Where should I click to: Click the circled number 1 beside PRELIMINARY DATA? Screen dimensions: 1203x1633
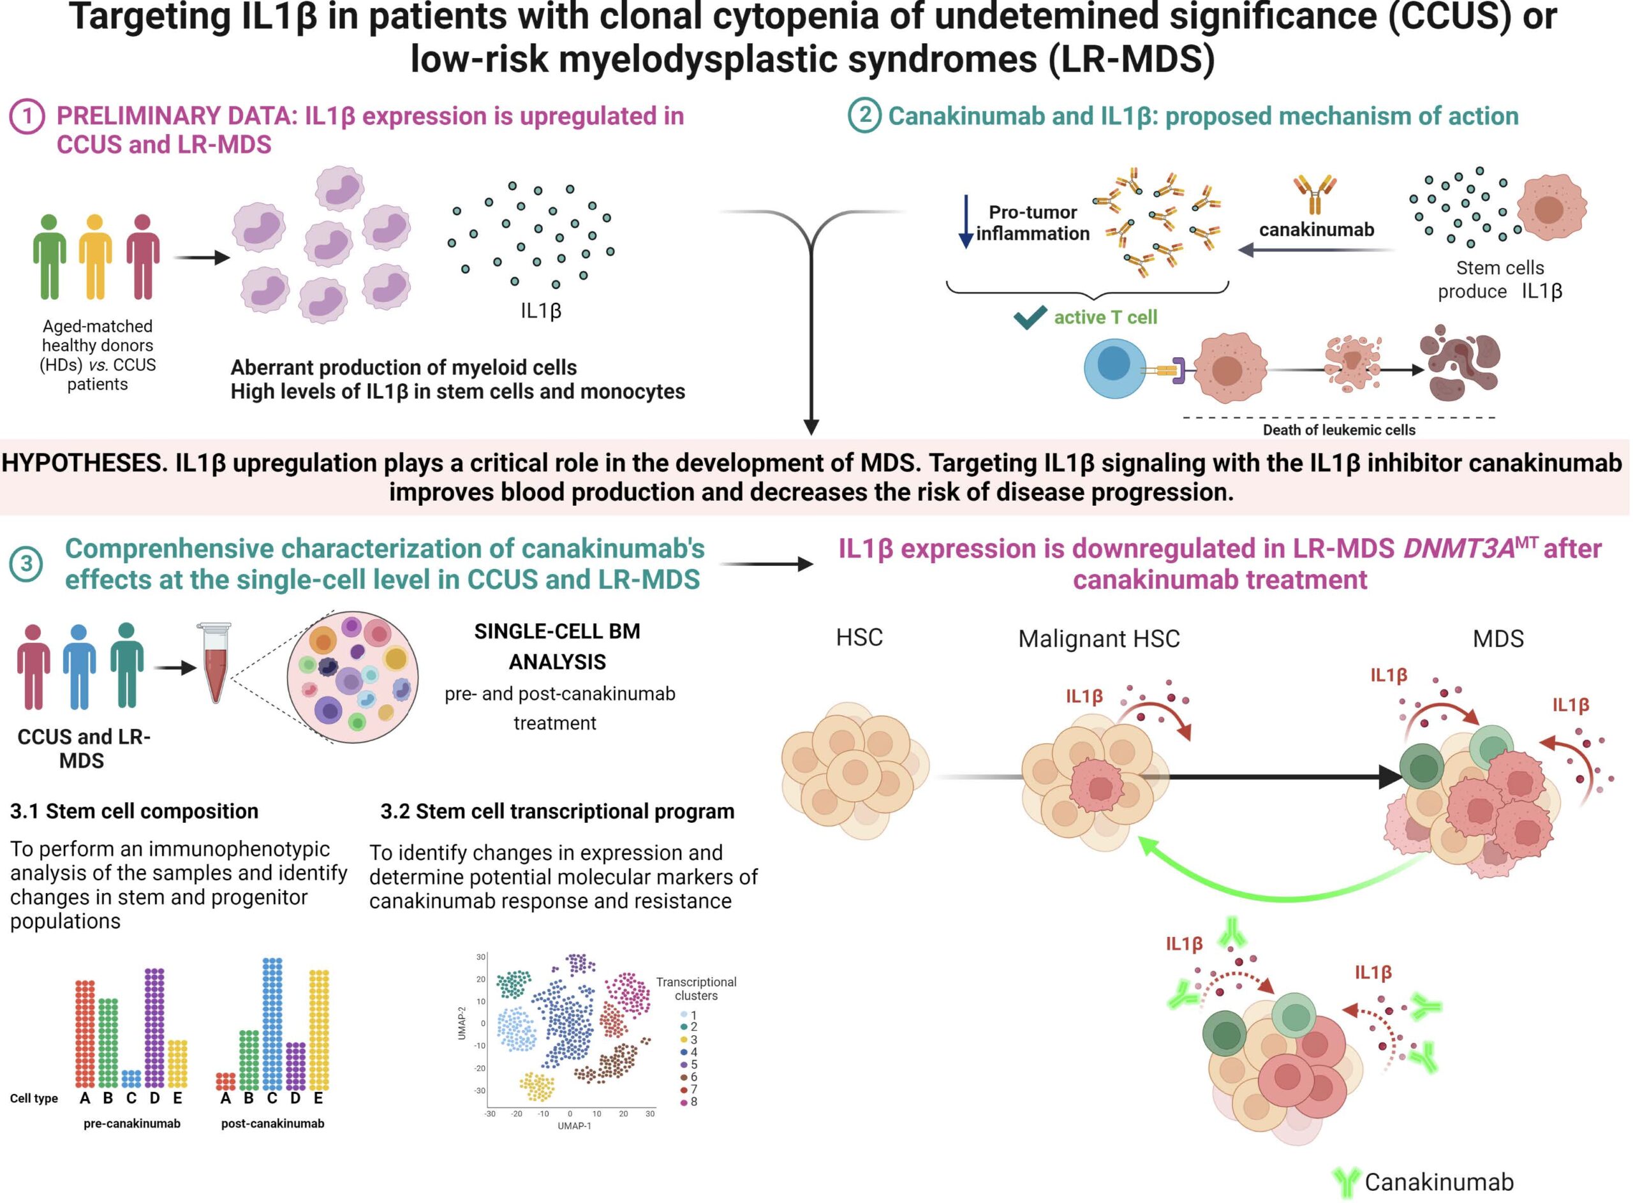[x=27, y=117]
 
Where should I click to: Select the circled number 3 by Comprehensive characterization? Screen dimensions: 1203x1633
[x=26, y=564]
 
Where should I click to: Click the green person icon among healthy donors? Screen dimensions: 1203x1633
[x=48, y=257]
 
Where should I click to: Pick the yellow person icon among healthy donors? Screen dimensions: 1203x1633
[x=96, y=257]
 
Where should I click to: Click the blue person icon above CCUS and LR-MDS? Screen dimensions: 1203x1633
[x=79, y=667]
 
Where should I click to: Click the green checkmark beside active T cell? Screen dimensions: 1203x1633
[x=1030, y=317]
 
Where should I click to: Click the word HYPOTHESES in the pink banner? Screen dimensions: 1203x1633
[x=84, y=463]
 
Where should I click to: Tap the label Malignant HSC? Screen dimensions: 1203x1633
[x=1098, y=638]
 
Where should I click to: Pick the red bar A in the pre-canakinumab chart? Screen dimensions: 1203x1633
[x=85, y=1033]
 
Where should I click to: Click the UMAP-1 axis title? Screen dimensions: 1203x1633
[x=575, y=1126]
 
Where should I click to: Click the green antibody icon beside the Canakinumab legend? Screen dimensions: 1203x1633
[x=1345, y=1182]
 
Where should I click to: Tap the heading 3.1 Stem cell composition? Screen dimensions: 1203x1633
[x=134, y=811]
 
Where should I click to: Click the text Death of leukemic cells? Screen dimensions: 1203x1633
[x=1339, y=430]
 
